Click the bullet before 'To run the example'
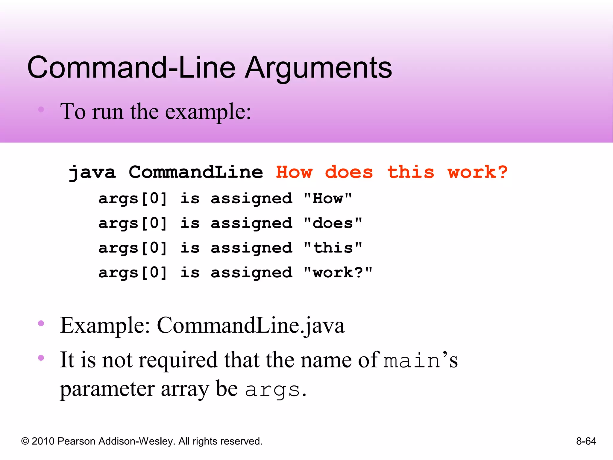coord(41,110)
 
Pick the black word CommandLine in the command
coord(196,172)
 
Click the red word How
coord(294,172)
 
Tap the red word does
coord(349,172)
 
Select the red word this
coord(411,172)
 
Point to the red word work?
coord(477,172)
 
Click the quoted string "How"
coord(328,199)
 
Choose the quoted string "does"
coord(333,223)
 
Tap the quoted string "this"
coord(333,248)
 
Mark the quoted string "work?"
coord(338,273)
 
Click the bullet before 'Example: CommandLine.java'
coord(41,323)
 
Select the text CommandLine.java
coord(251,326)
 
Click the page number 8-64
coord(586,441)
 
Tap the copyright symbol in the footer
coord(25,441)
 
